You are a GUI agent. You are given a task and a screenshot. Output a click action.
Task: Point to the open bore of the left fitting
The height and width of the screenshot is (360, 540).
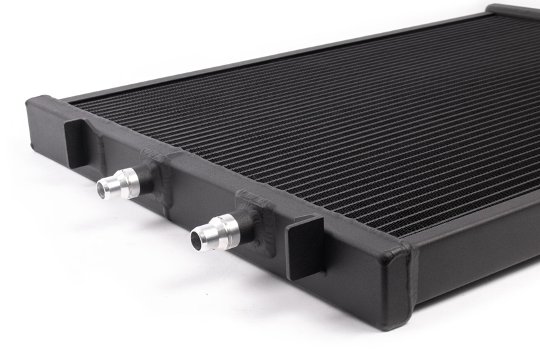click(103, 189)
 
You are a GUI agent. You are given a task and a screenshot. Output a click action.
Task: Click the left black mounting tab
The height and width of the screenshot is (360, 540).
click(76, 141)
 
